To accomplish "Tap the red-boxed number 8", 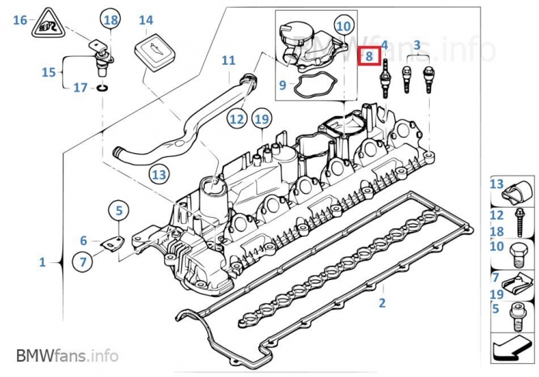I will tap(369, 56).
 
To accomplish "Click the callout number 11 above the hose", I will tap(228, 60).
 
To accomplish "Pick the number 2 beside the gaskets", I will tap(381, 302).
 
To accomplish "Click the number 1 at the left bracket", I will tap(43, 262).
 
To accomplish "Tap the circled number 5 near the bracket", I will tap(119, 209).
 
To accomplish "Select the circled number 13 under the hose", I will tap(159, 175).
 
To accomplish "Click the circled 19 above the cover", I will tap(262, 119).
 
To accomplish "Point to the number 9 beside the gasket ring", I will tap(283, 85).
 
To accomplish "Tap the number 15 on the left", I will tap(49, 72).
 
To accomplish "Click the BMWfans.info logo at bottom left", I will tap(67, 355).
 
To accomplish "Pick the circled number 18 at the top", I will tap(111, 20).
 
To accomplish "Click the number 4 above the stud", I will tap(384, 48).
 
